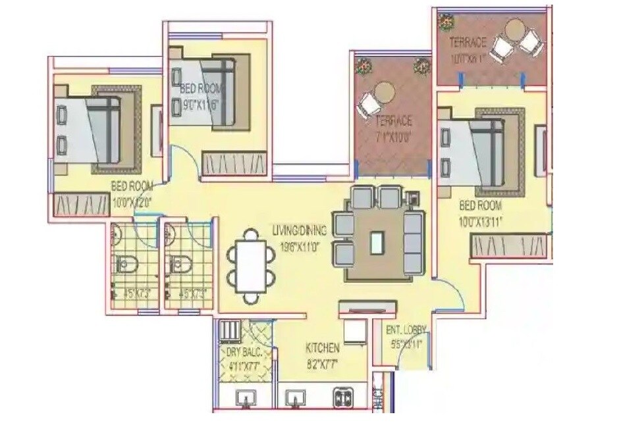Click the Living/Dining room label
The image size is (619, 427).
tap(298, 230)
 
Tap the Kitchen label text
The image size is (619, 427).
tap(323, 347)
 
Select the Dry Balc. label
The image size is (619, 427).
tap(244, 353)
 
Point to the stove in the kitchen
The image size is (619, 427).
tap(344, 397)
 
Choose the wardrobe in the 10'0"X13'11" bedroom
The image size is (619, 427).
tap(510, 247)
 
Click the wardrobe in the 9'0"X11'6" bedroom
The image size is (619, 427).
tap(234, 163)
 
